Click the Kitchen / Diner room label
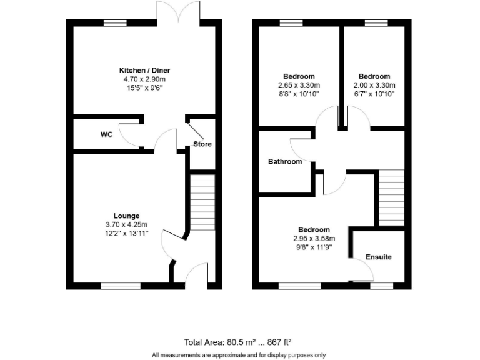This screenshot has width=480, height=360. (144, 70)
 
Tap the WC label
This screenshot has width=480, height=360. (106, 134)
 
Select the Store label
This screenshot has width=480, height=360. (202, 144)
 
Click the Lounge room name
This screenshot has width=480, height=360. (126, 216)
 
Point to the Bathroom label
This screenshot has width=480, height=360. (285, 161)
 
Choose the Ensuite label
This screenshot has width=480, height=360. (379, 257)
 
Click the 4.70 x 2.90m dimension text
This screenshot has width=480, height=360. (144, 79)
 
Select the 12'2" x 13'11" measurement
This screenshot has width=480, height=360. (126, 233)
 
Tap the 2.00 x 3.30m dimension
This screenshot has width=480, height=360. (374, 85)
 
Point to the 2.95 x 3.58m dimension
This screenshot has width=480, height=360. (314, 238)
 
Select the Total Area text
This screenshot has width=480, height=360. (238, 342)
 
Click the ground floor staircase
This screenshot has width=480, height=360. (202, 202)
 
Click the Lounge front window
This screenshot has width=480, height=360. (121, 286)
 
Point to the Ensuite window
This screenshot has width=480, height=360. (381, 286)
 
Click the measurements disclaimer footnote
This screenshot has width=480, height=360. (238, 355)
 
